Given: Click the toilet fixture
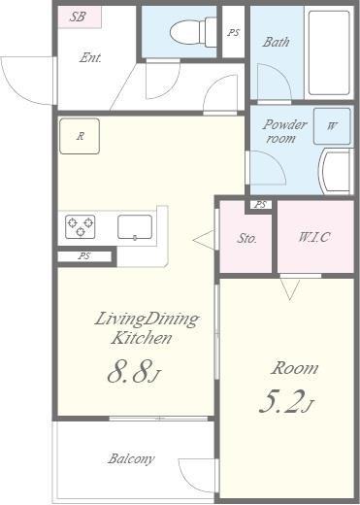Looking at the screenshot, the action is pos(193,32).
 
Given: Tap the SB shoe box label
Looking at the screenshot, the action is pos(78,17).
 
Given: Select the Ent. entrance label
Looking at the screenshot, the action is pos(90,57).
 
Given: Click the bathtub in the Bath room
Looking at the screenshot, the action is pos(329,52).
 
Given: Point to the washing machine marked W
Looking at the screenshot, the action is pos(332,126).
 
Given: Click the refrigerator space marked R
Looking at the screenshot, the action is pos(80,136).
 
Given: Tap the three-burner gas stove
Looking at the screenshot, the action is pos(81,226).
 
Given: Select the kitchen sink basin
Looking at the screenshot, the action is pos(135,227).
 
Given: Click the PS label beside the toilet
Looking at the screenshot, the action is pos(233,32).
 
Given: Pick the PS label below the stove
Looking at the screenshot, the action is pos(84,256).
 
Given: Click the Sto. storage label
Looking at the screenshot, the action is pos(246,238).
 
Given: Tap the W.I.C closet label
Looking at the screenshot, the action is pos(314,237).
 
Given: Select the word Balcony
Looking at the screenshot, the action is pos(131,458).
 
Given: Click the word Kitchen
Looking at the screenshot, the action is pos(141,338).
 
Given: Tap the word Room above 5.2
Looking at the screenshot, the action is pos(294,368).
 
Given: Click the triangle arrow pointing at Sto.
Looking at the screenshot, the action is pos(204,240).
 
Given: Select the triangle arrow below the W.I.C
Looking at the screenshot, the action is pos(290,289).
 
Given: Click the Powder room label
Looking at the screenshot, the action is pos(283,131).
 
